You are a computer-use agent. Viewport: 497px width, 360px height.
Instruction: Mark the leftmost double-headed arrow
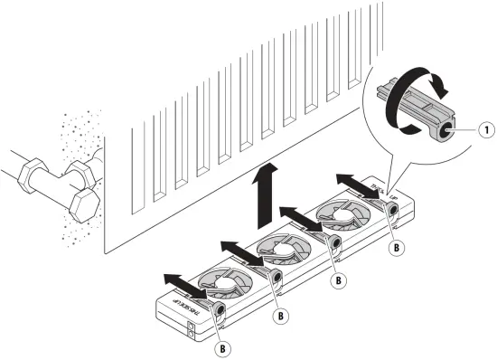pyautogui.click(x=184, y=283)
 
